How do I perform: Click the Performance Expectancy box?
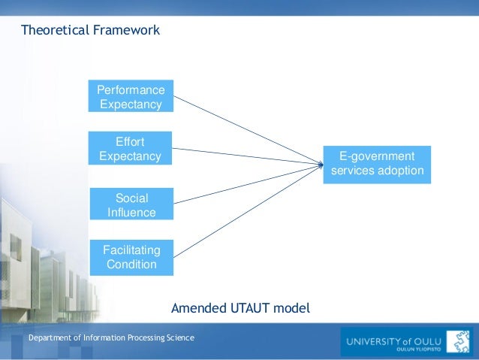(x=131, y=96)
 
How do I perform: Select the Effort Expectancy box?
(x=130, y=149)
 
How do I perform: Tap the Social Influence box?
(x=131, y=205)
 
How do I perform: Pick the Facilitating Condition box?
(x=131, y=257)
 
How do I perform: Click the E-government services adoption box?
(x=377, y=164)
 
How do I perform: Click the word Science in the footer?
(x=180, y=338)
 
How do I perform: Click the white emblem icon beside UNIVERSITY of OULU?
(x=458, y=341)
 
